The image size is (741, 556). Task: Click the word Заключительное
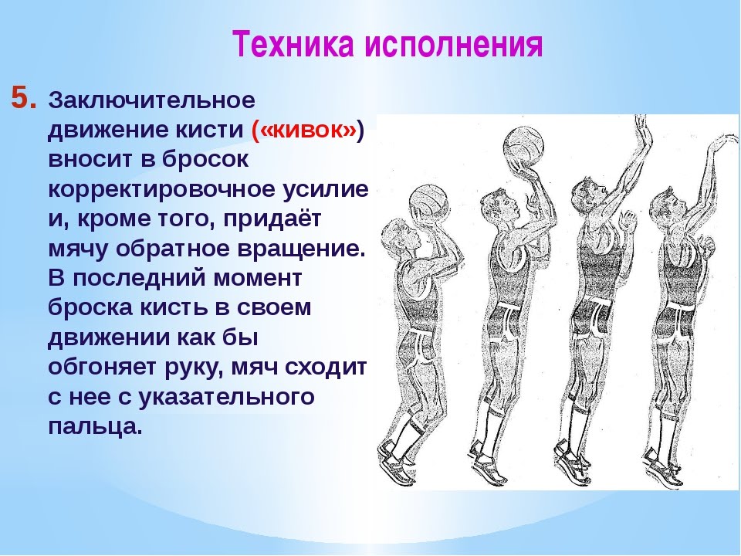click(x=152, y=100)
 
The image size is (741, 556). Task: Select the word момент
click(x=257, y=278)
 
